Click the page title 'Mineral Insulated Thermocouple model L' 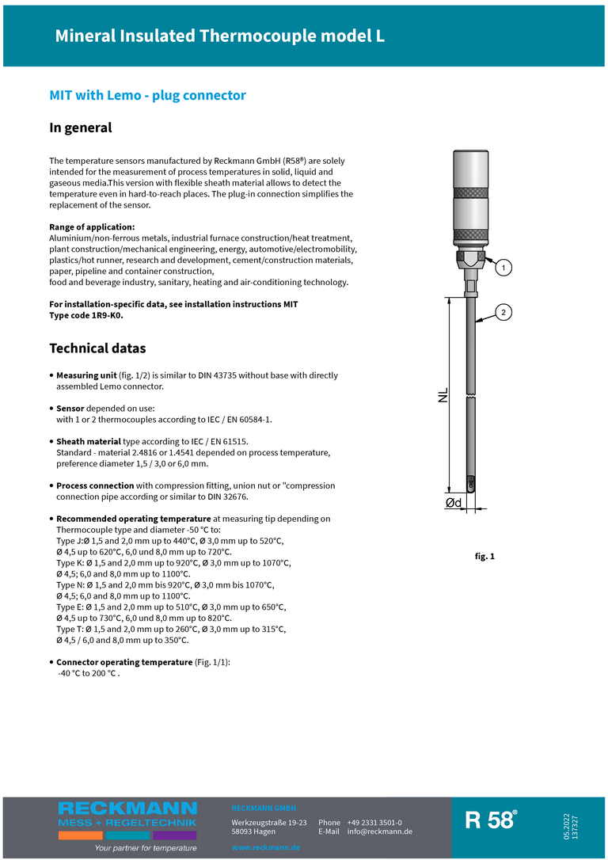coord(219,36)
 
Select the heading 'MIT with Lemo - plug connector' coord(147,96)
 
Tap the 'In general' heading coord(81,127)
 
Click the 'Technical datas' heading coord(97,348)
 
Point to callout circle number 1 coord(500,268)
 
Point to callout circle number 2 coord(502,311)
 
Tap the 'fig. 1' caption coord(484,557)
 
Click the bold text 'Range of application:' coord(92,227)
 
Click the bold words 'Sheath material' coord(89,441)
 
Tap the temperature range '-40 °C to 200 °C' coord(89,673)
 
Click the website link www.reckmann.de coord(265,847)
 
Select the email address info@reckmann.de coord(379,831)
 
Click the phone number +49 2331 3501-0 coord(374,822)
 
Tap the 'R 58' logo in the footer coord(491,820)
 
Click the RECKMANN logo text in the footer coord(127,809)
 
